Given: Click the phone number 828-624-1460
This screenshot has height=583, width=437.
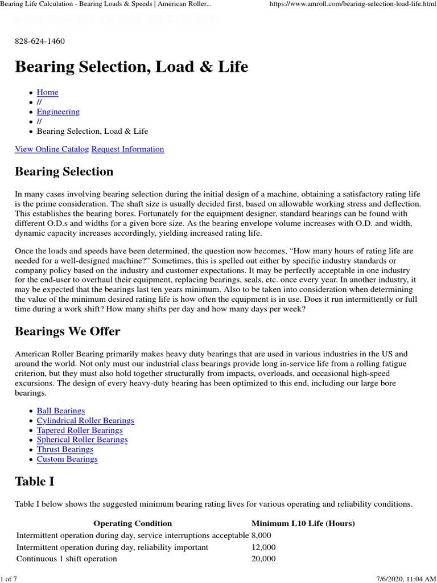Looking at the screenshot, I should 40,41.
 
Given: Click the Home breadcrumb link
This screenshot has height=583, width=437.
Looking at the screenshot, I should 47,92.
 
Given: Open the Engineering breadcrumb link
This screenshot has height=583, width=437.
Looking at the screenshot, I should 58,112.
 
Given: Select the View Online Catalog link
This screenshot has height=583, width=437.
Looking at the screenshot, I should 52,149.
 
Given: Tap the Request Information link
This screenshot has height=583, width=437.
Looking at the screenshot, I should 127,149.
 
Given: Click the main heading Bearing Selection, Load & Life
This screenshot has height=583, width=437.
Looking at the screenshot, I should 131,67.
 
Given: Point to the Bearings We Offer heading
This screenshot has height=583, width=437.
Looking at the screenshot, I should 68,331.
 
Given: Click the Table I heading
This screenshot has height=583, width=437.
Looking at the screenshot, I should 35,481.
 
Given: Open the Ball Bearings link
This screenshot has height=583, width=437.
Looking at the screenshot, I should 61,410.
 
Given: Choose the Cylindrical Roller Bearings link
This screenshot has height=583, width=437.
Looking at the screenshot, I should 85,420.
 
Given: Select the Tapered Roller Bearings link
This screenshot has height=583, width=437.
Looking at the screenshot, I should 80,430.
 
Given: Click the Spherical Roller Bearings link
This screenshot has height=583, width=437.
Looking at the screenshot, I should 82,440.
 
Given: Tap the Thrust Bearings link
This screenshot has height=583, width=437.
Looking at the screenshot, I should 65,449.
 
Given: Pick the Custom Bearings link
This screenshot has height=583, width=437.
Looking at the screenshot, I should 67,459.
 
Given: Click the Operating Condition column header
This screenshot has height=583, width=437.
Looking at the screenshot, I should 133,523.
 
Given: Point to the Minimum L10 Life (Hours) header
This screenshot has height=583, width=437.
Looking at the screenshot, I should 303,523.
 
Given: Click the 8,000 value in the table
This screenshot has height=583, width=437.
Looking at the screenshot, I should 261,535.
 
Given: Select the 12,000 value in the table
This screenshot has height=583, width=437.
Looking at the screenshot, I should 263,547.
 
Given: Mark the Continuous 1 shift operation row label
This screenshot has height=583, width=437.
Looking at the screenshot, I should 67,559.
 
